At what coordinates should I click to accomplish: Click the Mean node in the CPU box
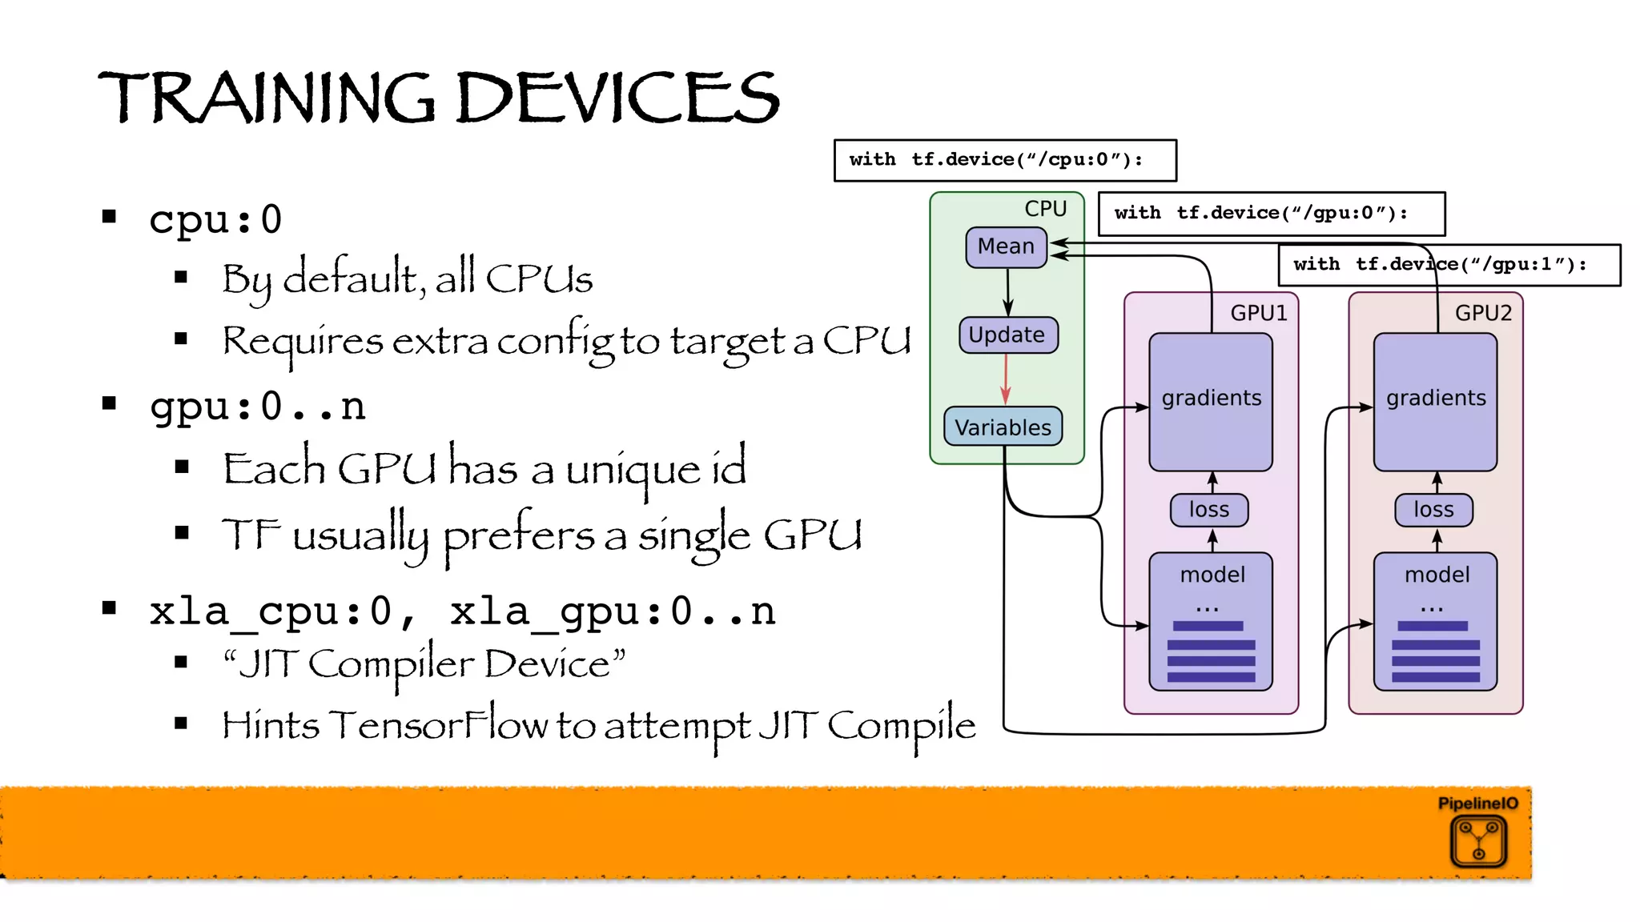(1006, 247)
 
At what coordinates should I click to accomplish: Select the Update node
(1007, 335)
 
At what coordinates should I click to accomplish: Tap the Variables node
(1003, 427)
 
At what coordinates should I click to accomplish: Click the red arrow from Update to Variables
(1006, 379)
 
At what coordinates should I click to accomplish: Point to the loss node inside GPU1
(1208, 510)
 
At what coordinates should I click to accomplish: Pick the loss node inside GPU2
(1433, 510)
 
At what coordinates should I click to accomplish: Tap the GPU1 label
(1258, 313)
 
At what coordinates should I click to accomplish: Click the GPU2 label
(1482, 313)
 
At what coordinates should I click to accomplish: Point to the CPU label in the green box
(1045, 209)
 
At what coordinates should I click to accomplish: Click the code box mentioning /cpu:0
(1004, 160)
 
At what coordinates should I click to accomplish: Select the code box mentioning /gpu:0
(1270, 214)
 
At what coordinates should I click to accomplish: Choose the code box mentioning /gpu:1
(1448, 265)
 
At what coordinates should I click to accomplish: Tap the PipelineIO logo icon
(1478, 840)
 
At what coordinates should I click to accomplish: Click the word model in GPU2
(1437, 575)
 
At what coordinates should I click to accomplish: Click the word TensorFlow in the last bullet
(439, 725)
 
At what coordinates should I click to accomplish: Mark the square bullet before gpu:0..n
(110, 403)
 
